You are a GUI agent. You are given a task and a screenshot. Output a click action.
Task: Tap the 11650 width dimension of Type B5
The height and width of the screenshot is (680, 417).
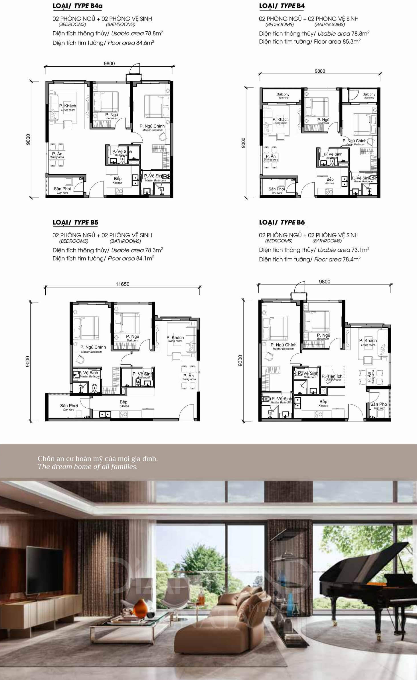(x=122, y=284)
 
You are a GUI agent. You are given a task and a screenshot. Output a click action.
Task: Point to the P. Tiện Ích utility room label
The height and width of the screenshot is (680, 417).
(x=332, y=377)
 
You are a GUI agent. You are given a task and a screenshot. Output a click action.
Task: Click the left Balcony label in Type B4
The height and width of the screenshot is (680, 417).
(x=283, y=95)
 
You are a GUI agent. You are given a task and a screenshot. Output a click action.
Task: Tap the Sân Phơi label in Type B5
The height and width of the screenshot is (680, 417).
(x=69, y=406)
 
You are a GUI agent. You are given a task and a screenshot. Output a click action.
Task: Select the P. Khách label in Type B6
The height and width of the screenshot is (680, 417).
(x=368, y=341)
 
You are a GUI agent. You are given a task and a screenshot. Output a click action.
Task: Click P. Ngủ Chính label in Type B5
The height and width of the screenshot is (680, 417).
(x=93, y=347)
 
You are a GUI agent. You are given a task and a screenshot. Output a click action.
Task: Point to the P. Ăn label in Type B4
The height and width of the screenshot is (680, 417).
(x=271, y=157)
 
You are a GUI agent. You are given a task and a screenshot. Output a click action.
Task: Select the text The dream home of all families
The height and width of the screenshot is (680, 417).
(x=88, y=467)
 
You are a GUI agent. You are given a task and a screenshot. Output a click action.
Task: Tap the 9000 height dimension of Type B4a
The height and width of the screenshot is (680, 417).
(x=28, y=140)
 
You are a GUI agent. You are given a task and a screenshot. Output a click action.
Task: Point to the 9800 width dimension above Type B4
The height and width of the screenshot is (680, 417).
(x=320, y=71)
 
